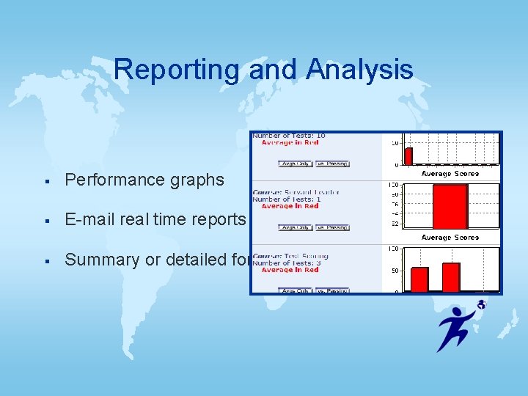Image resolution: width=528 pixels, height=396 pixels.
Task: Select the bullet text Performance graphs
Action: (144, 180)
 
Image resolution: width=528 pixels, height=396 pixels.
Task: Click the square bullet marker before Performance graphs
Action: (46, 180)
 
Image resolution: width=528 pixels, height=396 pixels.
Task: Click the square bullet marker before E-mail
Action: (46, 220)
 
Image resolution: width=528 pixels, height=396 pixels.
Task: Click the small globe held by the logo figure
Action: (481, 304)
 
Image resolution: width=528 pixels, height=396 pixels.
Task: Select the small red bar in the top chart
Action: (408, 155)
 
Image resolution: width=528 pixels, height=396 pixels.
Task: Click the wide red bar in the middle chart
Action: (450, 206)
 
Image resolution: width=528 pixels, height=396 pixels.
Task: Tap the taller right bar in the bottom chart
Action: (451, 276)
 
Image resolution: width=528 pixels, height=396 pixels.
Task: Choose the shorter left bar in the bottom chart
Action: (419, 279)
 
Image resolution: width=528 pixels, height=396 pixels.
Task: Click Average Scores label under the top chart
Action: (450, 174)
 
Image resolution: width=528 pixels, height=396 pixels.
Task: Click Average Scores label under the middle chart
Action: (450, 238)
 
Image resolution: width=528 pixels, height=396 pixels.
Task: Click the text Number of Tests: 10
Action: (289, 136)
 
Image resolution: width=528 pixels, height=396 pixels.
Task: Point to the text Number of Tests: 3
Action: (287, 263)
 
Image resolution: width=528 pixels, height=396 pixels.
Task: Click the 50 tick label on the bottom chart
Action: (394, 271)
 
